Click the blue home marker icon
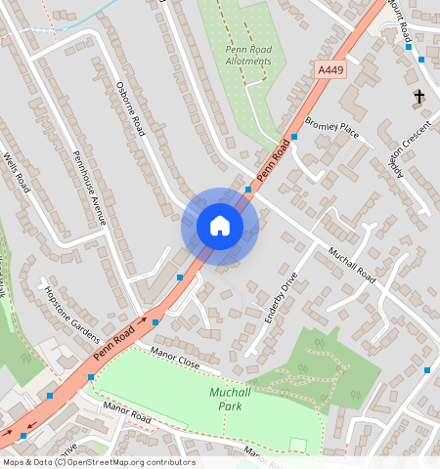220,226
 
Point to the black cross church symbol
419,96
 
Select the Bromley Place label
331,127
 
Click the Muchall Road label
351,264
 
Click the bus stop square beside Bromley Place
294,138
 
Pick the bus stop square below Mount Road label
421,60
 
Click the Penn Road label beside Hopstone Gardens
112,341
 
